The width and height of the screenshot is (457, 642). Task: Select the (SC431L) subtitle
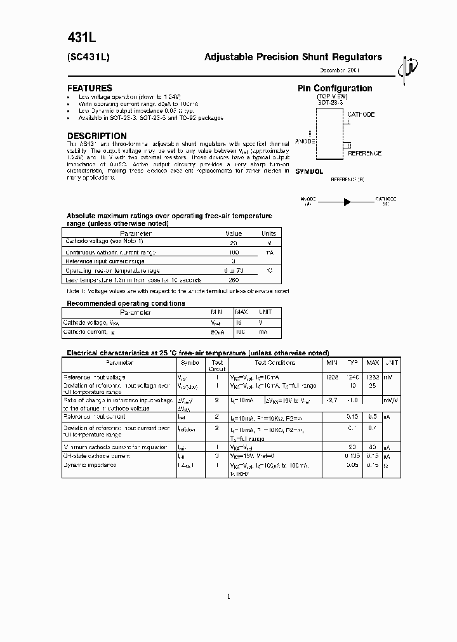pyautogui.click(x=89, y=57)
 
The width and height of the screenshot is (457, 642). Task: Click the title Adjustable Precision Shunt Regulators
pyautogui.click(x=293, y=57)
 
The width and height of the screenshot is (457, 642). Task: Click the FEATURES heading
pyautogui.click(x=89, y=88)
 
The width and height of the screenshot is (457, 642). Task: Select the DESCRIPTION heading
pyautogui.click(x=96, y=136)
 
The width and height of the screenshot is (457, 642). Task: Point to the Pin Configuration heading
pyautogui.click(x=334, y=88)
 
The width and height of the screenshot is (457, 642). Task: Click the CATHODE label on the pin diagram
pyautogui.click(x=361, y=115)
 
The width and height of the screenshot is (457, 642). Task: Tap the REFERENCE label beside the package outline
pyautogui.click(x=364, y=153)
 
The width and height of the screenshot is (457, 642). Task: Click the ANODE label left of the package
pyautogui.click(x=305, y=141)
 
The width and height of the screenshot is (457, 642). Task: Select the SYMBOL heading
pyautogui.click(x=310, y=171)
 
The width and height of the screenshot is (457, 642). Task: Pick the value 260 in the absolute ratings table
pyautogui.click(x=234, y=280)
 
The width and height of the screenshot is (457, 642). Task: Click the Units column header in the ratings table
pyautogui.click(x=268, y=233)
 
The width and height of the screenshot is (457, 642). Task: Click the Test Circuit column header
pyautogui.click(x=217, y=366)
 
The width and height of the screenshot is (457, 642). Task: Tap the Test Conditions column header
pyautogui.click(x=275, y=363)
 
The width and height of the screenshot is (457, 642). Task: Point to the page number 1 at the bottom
pyautogui.click(x=228, y=596)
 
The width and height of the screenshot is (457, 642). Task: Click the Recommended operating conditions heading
pyautogui.click(x=126, y=303)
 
